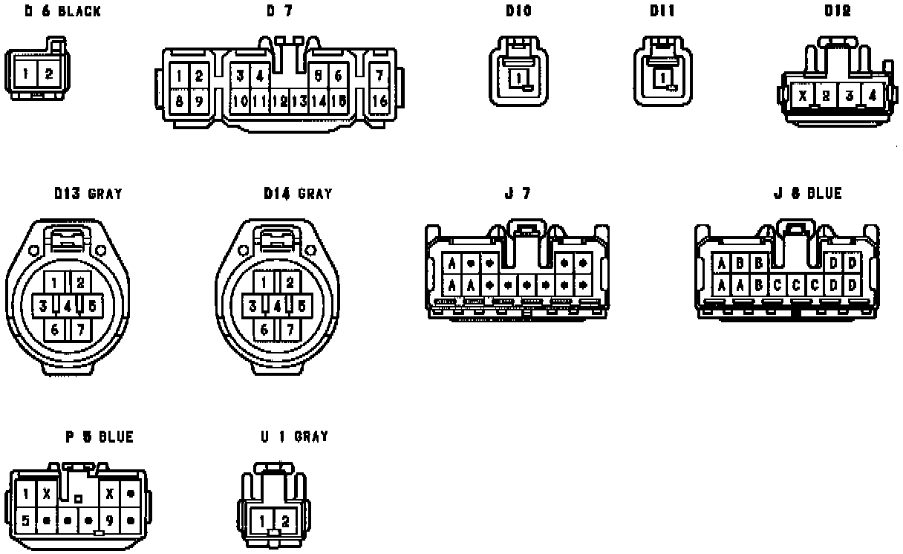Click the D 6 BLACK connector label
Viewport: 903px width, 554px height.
(x=62, y=12)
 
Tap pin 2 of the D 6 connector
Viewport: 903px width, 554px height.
(x=49, y=74)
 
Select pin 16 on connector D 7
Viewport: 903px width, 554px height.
(x=379, y=101)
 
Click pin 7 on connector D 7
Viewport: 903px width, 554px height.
(x=379, y=76)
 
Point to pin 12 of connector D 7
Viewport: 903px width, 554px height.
(x=280, y=101)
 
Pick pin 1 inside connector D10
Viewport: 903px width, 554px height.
(x=519, y=77)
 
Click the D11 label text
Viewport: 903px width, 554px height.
(x=663, y=12)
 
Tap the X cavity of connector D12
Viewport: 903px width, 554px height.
(x=803, y=95)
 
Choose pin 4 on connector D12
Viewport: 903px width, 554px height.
(x=872, y=95)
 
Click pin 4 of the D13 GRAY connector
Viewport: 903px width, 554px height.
(x=67, y=305)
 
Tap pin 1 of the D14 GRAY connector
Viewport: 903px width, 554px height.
(x=265, y=282)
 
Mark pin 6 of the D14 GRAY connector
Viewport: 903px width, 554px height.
(x=265, y=328)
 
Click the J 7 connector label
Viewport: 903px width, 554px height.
(x=517, y=195)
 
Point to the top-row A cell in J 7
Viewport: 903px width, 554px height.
(x=451, y=263)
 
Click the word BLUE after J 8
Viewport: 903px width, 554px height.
(x=824, y=195)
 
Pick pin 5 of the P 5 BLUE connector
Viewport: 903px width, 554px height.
(x=26, y=520)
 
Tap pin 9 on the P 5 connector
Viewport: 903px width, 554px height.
(x=110, y=520)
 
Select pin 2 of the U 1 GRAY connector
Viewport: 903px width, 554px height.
(x=285, y=521)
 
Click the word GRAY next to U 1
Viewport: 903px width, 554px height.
(x=310, y=437)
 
